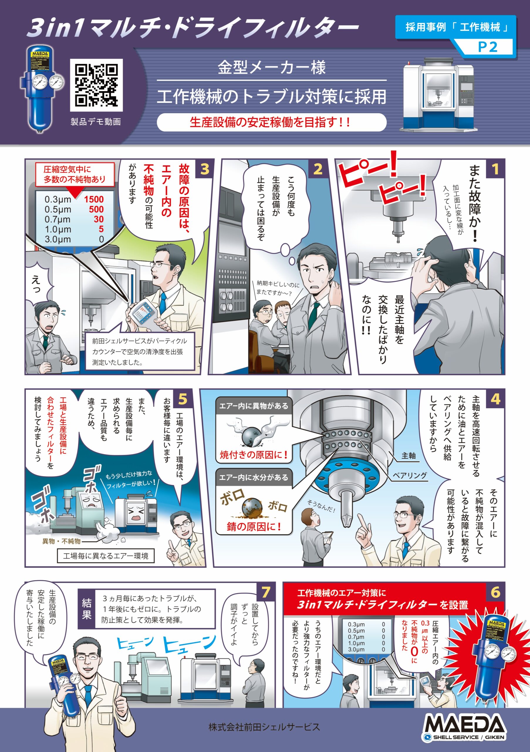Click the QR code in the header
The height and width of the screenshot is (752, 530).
pyautogui.click(x=96, y=85)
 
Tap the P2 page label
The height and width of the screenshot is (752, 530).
pyautogui.click(x=487, y=47)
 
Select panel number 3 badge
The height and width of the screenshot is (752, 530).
pyautogui.click(x=205, y=169)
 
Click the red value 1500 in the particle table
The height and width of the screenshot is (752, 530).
pyautogui.click(x=94, y=199)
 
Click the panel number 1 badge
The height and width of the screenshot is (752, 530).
pyautogui.click(x=495, y=169)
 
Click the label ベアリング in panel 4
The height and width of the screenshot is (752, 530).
pyautogui.click(x=410, y=475)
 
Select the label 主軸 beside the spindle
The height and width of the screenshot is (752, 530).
pyautogui.click(x=409, y=456)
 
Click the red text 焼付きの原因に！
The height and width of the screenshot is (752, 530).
pyautogui.click(x=254, y=455)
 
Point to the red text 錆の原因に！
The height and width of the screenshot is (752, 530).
pyautogui.click(x=254, y=527)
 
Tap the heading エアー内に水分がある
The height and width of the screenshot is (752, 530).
pyautogui.click(x=254, y=477)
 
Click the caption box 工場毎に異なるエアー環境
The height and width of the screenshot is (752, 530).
pyautogui.click(x=106, y=556)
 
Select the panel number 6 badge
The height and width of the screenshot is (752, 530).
pyautogui.click(x=495, y=592)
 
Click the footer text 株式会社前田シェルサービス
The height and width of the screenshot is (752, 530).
pyautogui.click(x=264, y=727)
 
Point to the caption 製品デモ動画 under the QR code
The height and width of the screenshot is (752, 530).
pyautogui.click(x=96, y=122)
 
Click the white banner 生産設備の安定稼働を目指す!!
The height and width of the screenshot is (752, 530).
pyautogui.click(x=271, y=122)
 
